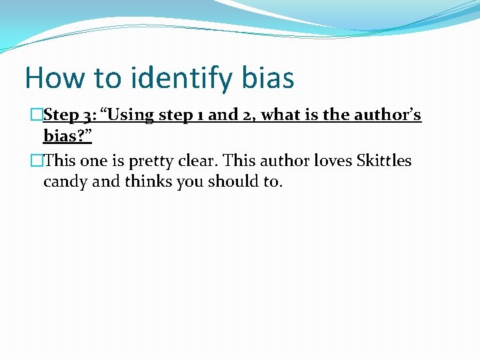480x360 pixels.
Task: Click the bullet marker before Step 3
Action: click(37, 115)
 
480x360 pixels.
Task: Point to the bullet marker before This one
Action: click(37, 161)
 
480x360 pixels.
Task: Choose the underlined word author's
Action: click(388, 115)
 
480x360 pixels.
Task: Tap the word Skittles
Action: click(384, 161)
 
